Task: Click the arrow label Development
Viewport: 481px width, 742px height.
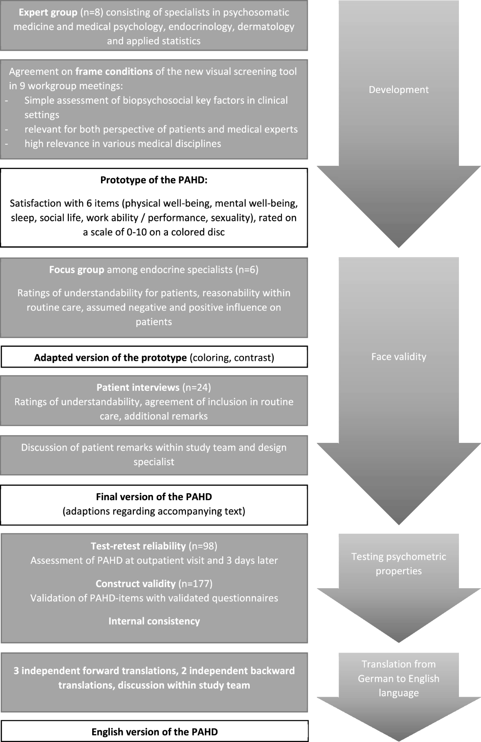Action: (398, 90)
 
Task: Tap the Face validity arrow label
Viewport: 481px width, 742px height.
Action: (398, 357)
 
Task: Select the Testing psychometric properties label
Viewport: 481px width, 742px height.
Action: (398, 563)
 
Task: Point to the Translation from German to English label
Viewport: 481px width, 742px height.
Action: (398, 678)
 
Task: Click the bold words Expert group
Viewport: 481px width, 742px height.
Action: (48, 12)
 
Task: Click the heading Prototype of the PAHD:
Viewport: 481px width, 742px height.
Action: (154, 180)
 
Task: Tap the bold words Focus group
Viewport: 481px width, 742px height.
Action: (77, 269)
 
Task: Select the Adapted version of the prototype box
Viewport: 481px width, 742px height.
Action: (154, 357)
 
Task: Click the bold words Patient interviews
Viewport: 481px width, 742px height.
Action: (138, 387)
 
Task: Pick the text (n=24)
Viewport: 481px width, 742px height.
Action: (196, 387)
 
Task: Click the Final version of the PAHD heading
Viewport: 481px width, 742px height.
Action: (154, 497)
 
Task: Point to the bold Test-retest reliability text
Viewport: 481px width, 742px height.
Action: (138, 546)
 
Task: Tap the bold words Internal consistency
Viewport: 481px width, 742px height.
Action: (154, 621)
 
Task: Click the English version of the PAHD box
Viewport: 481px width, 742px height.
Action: (154, 732)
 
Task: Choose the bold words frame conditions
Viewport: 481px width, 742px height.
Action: (114, 71)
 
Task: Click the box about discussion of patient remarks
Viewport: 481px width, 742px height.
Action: (154, 454)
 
